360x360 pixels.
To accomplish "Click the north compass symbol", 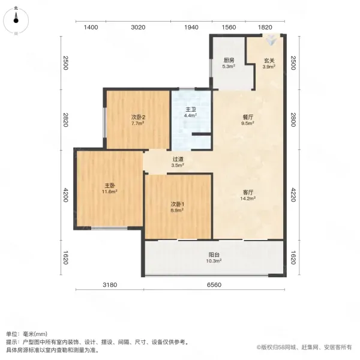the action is point(16,20).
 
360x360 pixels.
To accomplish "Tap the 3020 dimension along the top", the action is point(138,28).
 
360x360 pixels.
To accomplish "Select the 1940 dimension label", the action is point(191,28).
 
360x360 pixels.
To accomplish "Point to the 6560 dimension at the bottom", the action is point(214,285).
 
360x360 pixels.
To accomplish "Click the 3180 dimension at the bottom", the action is point(110,285).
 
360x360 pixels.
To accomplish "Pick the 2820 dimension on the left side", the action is point(65,119).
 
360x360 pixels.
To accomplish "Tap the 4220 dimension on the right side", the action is point(293,194).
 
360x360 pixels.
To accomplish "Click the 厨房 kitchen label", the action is point(229,61).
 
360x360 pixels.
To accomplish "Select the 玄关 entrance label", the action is point(269,61).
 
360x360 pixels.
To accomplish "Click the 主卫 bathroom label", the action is point(190,110).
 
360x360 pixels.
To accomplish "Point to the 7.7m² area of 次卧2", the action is point(138,123).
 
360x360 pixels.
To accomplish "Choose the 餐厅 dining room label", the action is point(248,117).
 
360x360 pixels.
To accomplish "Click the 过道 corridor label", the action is point(178,159).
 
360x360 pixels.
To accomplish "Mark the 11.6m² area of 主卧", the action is point(110,191).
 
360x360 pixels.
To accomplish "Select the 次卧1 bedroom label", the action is point(177,204).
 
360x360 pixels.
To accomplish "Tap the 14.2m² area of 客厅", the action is point(248,198).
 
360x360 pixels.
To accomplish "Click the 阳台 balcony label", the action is point(214,254).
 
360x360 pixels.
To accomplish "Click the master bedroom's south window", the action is point(109,228).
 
